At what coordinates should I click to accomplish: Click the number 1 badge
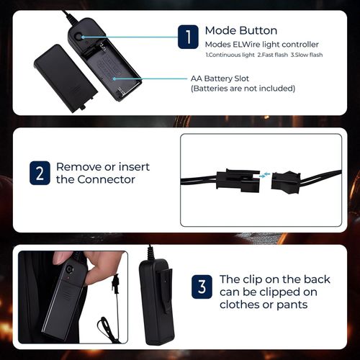tap(188, 37)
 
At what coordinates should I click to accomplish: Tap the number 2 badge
tap(40, 173)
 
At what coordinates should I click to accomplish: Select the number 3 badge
tap(202, 287)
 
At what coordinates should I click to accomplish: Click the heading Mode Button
tap(241, 31)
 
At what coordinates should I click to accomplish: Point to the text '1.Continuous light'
tap(230, 55)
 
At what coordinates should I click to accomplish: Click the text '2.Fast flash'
tap(273, 55)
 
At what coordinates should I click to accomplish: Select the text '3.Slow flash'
tap(307, 55)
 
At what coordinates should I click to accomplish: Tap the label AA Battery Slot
tap(220, 78)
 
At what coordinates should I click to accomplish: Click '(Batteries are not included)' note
tap(243, 89)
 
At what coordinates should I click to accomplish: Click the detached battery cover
tap(66, 78)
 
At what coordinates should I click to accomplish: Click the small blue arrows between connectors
tap(264, 175)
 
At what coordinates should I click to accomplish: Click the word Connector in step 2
tap(107, 179)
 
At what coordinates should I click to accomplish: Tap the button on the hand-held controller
tap(69, 269)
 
